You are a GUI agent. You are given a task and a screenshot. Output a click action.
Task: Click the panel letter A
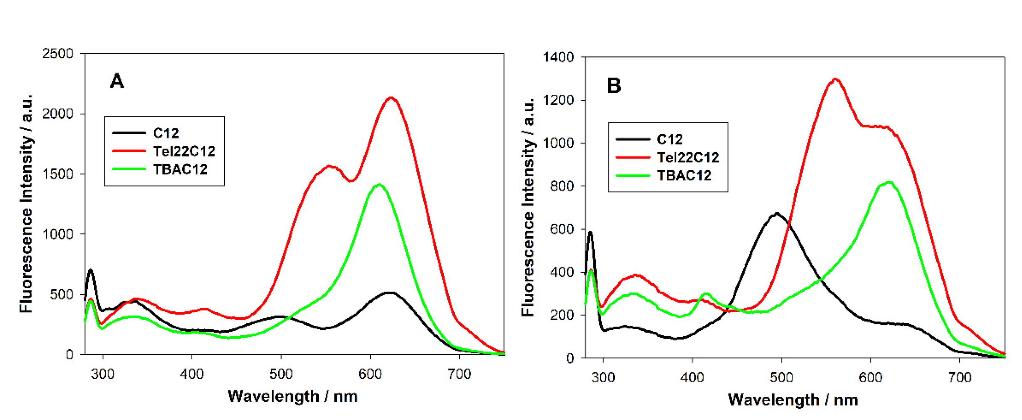point(117,81)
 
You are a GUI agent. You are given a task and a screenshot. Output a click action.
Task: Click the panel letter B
point(614,85)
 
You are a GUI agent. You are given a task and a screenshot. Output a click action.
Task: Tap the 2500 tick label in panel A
point(58,54)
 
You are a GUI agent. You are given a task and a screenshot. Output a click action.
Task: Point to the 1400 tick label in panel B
point(558,57)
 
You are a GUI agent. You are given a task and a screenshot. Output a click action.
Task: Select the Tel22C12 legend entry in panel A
point(184,151)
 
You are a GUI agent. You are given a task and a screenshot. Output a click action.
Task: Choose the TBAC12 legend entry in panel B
point(684,175)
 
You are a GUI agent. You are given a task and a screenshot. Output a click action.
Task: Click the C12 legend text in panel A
point(166,133)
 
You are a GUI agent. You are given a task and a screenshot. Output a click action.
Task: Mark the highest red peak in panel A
point(391,98)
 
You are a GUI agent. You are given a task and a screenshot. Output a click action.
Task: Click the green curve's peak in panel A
point(379,184)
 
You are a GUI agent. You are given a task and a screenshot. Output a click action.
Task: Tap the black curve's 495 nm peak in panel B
point(776,213)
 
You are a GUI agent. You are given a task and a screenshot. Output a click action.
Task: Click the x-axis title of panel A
point(293,396)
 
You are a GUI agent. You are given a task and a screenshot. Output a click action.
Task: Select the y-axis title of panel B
point(528,207)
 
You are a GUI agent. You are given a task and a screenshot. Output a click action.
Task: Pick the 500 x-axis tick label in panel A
point(281,374)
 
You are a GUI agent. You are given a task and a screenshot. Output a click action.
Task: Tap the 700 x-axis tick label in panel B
point(959,377)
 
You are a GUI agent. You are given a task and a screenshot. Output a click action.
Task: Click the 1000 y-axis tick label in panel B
point(558,143)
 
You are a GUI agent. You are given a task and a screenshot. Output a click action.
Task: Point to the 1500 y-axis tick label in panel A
point(58,174)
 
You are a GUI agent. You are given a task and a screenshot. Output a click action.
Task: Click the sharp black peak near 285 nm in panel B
point(590,232)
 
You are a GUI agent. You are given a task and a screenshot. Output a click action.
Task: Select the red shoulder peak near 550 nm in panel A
point(329,166)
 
